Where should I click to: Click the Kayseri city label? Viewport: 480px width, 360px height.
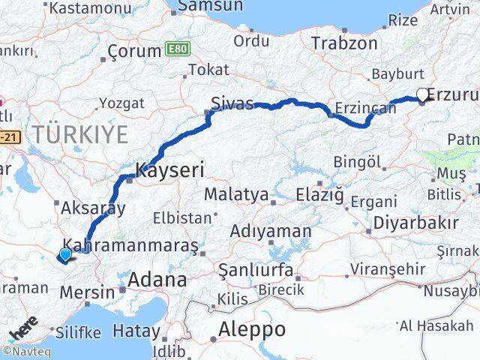[x=169, y=170]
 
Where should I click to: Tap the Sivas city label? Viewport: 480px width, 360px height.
[x=229, y=103]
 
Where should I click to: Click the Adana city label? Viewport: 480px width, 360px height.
[x=157, y=280]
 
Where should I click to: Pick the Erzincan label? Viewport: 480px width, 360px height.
[x=365, y=108]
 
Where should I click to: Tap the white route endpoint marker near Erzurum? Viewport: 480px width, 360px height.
[x=422, y=94]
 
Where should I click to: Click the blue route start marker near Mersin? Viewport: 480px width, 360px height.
[x=65, y=254]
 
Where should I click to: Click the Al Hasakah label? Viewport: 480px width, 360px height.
[x=436, y=325]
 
